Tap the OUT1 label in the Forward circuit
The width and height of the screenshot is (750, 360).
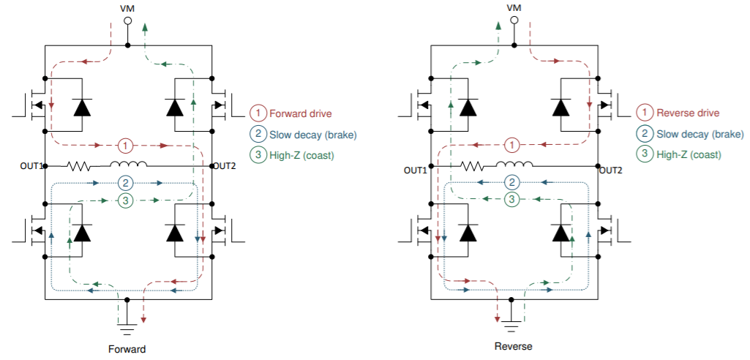pos(32,166)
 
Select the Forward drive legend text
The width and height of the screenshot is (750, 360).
pos(300,113)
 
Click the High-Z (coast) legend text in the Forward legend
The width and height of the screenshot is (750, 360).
pos(301,154)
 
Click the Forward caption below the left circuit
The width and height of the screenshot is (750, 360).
pos(127,349)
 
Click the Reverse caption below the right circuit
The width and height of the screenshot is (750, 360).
pos(513,346)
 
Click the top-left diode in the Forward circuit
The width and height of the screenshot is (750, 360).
pos(81,108)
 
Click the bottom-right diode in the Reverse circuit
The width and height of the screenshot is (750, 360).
pos(561,233)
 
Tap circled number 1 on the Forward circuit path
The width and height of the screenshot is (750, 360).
pos(126,145)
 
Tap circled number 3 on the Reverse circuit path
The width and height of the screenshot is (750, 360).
pos(512,198)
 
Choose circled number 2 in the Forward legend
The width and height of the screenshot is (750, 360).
pos(258,134)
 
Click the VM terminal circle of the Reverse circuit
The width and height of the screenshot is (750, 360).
pos(513,21)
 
